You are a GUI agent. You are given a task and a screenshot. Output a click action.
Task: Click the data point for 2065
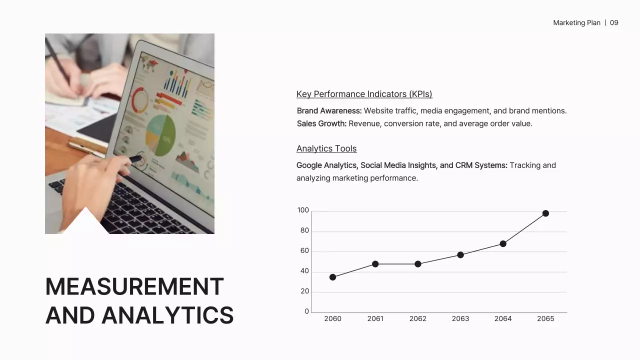click(x=545, y=213)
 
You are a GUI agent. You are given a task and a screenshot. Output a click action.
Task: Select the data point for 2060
click(x=333, y=277)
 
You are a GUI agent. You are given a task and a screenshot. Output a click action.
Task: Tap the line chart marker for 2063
click(x=460, y=255)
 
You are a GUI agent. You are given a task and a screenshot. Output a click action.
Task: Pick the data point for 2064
click(x=503, y=244)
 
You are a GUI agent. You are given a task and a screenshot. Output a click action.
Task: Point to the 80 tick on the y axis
click(x=304, y=231)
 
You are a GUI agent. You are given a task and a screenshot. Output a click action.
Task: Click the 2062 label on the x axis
click(x=418, y=319)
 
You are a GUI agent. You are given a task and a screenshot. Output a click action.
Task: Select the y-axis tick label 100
click(x=303, y=210)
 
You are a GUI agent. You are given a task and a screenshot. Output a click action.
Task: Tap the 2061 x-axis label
click(x=375, y=319)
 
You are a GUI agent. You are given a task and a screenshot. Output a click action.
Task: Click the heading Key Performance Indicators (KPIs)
click(x=364, y=94)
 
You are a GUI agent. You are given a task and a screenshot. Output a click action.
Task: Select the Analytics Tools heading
click(x=326, y=148)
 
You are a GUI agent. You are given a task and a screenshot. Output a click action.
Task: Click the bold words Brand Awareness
click(x=329, y=111)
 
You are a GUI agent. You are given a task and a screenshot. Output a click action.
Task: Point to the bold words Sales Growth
click(x=321, y=123)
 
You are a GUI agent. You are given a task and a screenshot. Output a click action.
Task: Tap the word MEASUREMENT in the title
click(x=134, y=287)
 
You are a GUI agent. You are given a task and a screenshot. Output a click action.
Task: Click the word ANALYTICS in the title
click(x=167, y=315)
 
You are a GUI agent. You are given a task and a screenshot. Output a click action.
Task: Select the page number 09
click(x=614, y=23)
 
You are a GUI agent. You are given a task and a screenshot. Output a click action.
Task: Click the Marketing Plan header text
click(x=576, y=23)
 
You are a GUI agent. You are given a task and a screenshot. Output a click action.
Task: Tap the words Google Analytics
click(x=326, y=165)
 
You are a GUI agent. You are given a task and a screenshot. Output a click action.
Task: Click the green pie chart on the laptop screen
click(x=161, y=135)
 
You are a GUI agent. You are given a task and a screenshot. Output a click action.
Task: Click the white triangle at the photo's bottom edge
click(x=85, y=223)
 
